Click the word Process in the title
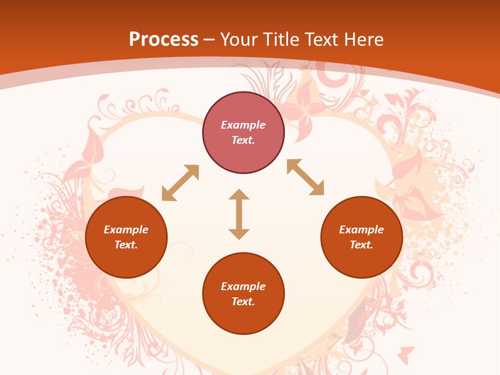point(164,40)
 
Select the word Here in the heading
point(364,40)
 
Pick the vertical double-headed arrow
point(239,214)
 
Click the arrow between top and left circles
point(180,183)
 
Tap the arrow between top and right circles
point(306,178)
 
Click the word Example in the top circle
point(243,125)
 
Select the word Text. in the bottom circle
point(243,302)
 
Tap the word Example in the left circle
point(126,230)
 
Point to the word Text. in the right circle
point(361,245)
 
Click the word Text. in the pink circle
point(243,140)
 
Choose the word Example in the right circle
point(361,230)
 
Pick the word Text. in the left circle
point(126,245)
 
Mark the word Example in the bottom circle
point(243,286)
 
